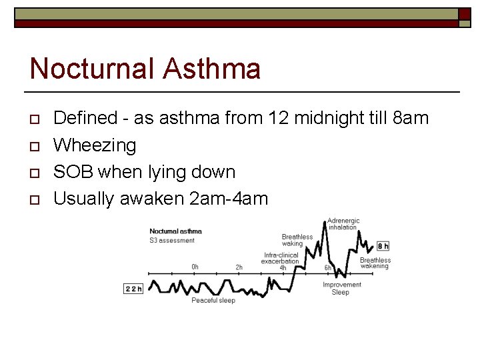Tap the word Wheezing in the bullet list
coord(95,145)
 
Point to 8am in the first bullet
coord(411,119)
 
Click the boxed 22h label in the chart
coord(133,289)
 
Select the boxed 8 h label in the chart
coord(383,246)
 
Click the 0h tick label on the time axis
coord(195,267)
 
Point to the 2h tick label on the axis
coord(239,267)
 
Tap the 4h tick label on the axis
coord(283,267)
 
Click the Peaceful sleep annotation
coord(213,301)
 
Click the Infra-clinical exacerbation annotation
coord(280,258)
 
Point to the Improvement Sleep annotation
coord(341,288)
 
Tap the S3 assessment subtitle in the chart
coord(172,241)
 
